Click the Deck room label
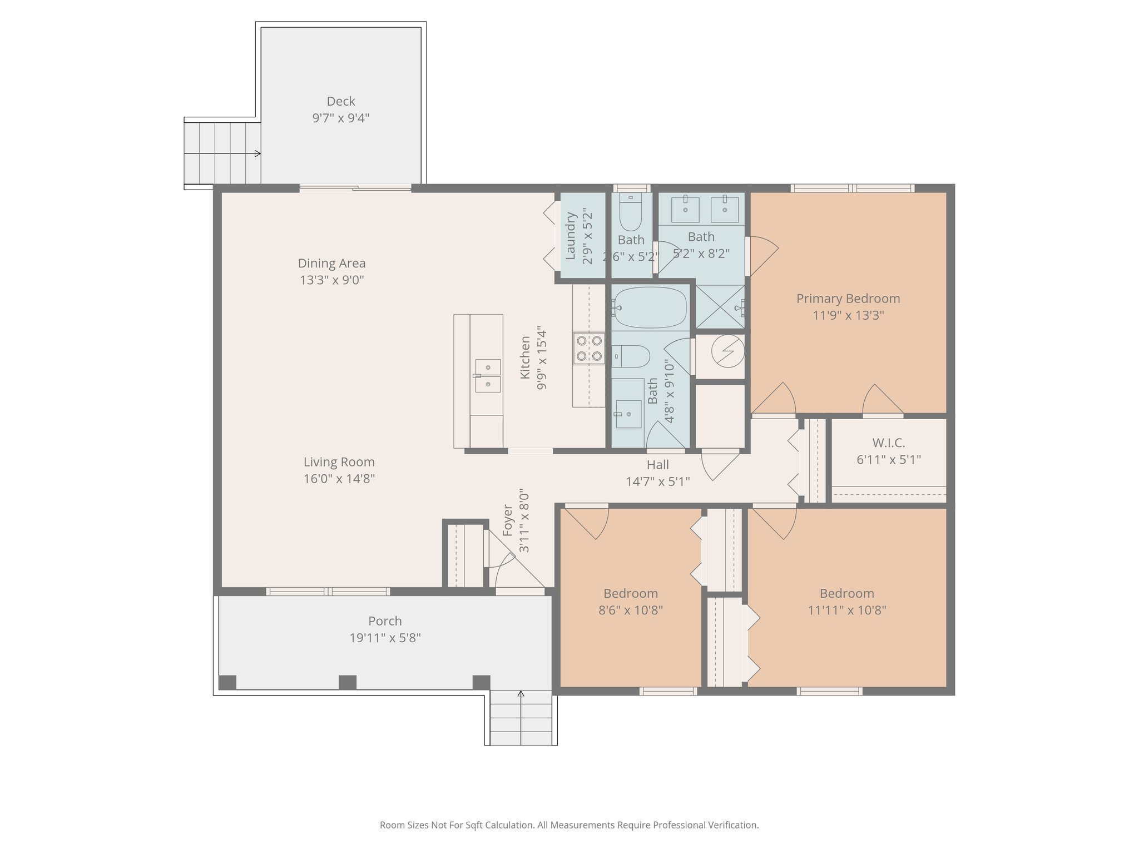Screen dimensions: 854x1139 pos(340,101)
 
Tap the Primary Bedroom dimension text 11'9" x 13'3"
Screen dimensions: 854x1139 pos(848,315)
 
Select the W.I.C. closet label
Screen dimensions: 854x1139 pos(888,443)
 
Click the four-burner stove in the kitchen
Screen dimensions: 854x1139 pos(589,348)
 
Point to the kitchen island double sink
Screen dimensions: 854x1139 pos(487,376)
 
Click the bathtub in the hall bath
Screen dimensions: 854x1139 pos(650,307)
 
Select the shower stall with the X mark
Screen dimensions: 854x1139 pos(720,306)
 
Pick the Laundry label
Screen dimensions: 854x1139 pos(570,236)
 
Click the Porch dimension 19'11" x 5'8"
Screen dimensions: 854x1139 pos(385,638)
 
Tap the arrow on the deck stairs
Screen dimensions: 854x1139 pos(257,153)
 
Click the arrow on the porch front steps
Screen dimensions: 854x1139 pos(521,694)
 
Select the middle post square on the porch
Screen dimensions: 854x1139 pos(348,682)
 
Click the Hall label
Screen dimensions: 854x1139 pos(657,465)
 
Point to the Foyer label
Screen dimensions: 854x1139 pos(507,520)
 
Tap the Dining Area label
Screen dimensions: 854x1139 pos(331,263)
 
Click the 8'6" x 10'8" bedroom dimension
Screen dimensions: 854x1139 pos(630,610)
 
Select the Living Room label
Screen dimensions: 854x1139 pos(339,462)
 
